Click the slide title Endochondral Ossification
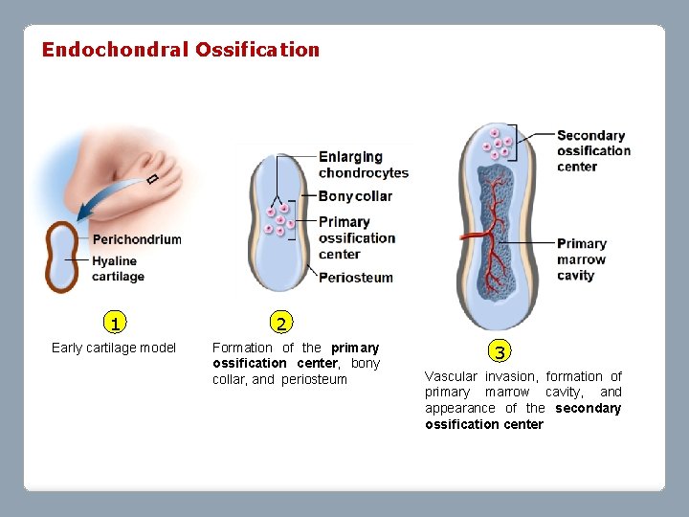tap(180, 50)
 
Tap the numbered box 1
tap(114, 323)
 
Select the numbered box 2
tap(279, 323)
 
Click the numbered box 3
tap(500, 350)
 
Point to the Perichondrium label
tap(136, 239)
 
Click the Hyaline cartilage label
tap(117, 269)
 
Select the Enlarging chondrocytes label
tap(363, 165)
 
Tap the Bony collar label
tap(355, 196)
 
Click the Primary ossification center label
tap(356, 238)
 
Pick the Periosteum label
tap(355, 278)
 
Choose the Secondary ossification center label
tap(593, 150)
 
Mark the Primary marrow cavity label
tap(582, 259)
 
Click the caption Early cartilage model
tap(114, 348)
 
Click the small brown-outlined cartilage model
tap(63, 257)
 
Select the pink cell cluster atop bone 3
tap(497, 145)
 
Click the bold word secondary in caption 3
tap(588, 408)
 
